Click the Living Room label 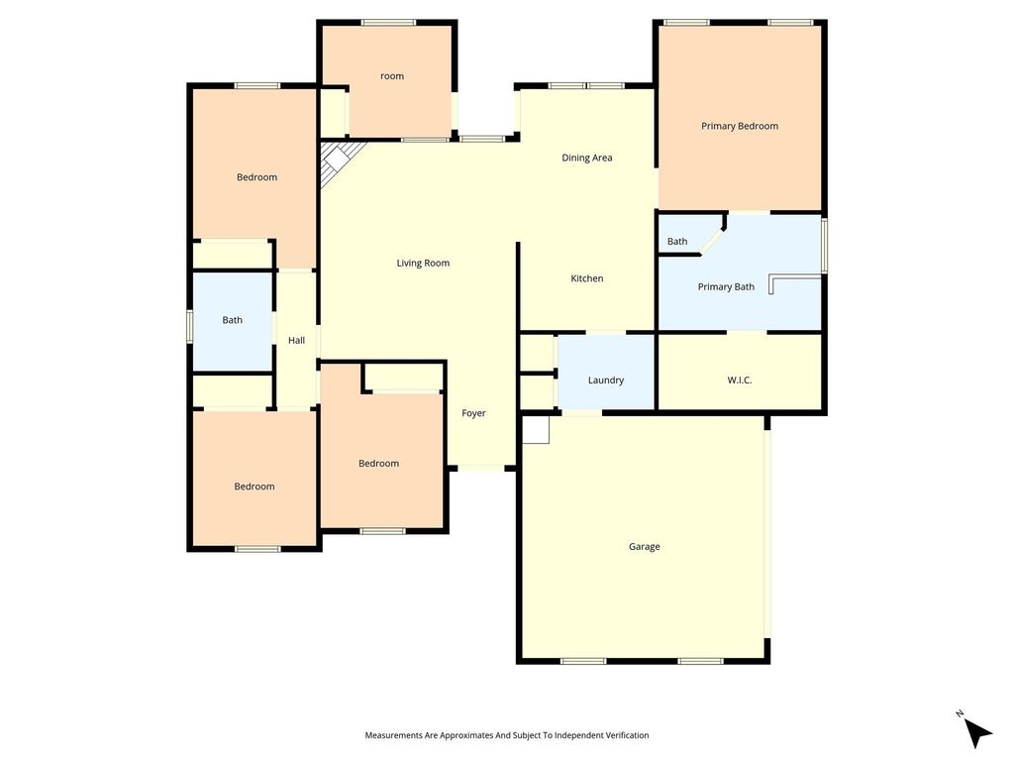point(423,263)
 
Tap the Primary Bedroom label point(740,126)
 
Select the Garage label point(644,547)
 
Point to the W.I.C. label point(739,380)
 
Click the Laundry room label point(606,380)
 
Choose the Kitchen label point(587,278)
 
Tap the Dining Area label point(586,158)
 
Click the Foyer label point(473,413)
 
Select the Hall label point(296,341)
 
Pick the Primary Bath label point(726,286)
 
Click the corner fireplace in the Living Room point(337,160)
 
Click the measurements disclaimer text point(507,735)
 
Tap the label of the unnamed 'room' point(392,76)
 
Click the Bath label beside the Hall point(232,320)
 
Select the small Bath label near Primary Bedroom point(677,242)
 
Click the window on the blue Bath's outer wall point(190,325)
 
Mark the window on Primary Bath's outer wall point(825,246)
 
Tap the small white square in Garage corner point(536,430)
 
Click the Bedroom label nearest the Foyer point(378,464)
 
